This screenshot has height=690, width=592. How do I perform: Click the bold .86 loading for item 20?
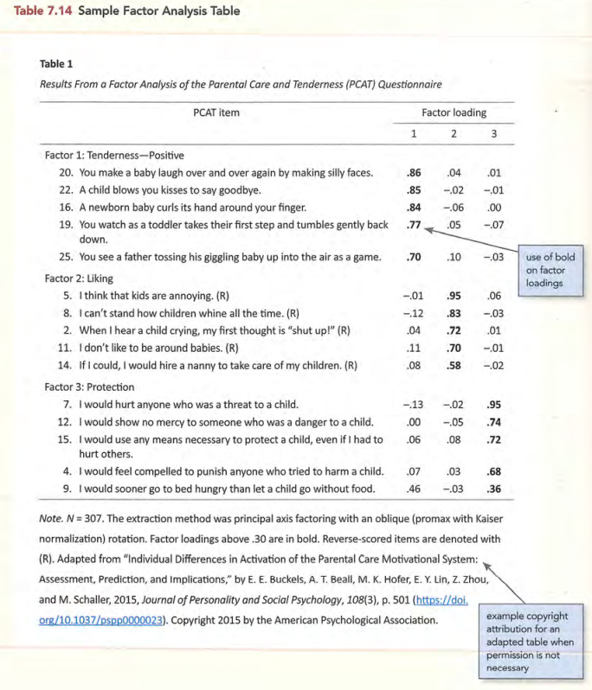414,173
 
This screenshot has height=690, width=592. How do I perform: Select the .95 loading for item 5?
453,296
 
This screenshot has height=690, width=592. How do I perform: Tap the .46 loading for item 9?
414,489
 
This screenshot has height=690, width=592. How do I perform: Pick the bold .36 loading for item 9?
494,489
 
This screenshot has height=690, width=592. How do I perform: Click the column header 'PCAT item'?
216,112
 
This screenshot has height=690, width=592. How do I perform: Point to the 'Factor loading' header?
454,112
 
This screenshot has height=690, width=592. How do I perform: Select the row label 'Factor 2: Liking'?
79,279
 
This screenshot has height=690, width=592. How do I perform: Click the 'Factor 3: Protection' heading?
89,387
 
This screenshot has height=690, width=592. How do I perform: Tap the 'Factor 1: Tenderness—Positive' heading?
114,156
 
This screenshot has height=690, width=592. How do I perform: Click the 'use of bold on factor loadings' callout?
550,270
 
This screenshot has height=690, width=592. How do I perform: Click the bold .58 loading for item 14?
453,366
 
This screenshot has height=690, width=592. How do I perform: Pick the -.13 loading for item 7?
412,404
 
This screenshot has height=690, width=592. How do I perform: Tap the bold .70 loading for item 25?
414,258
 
